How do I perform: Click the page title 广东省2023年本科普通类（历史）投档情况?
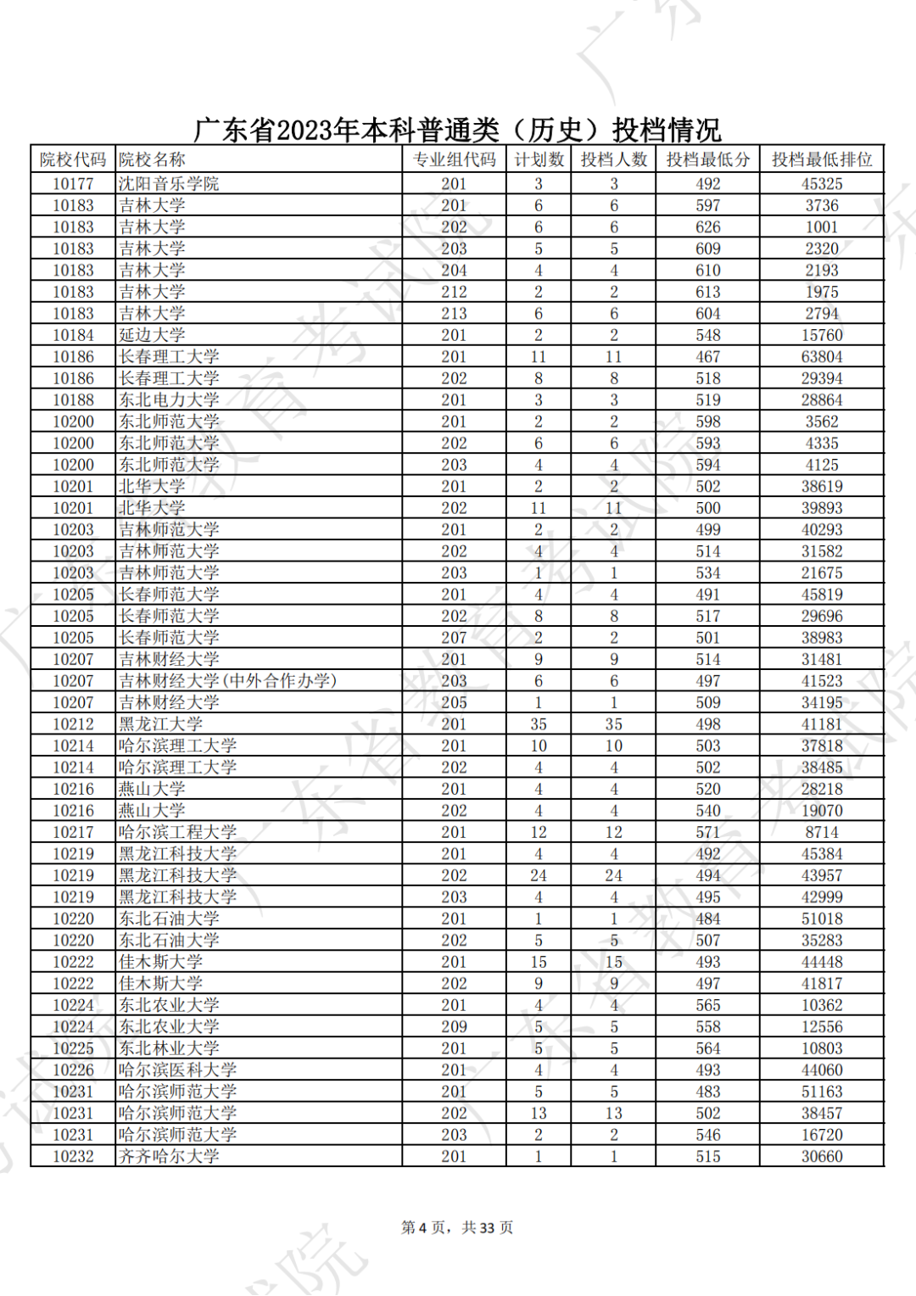point(457,130)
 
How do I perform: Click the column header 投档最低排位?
point(821,159)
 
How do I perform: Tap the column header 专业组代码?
point(454,159)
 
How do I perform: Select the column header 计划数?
point(539,159)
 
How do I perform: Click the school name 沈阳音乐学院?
point(169,183)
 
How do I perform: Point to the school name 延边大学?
point(152,335)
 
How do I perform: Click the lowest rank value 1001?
point(822,227)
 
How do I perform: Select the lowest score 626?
point(707,227)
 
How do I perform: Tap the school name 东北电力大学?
point(169,399)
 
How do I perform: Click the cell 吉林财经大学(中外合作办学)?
point(227,680)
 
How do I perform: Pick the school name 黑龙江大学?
point(160,723)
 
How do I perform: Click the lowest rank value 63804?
point(822,357)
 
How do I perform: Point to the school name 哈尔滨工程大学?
point(177,832)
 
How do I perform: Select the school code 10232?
point(73,1156)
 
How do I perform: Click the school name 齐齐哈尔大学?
point(169,1156)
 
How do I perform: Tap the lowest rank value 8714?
point(822,832)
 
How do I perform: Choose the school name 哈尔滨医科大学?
point(177,1070)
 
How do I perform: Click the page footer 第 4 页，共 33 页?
point(457,1227)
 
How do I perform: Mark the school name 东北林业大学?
point(169,1048)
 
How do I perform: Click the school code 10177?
point(73,183)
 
